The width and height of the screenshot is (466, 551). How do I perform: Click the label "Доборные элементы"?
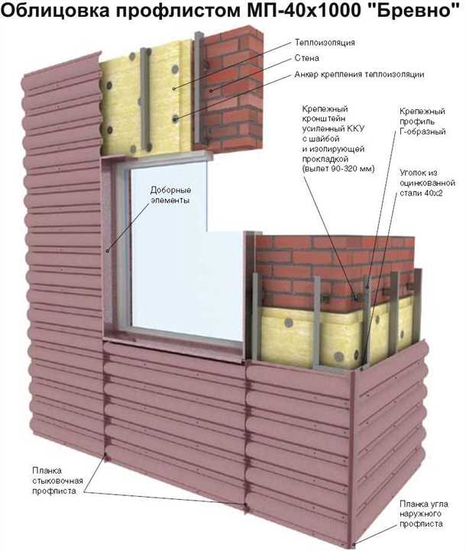169,195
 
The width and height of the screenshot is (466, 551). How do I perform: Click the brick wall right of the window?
306,267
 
